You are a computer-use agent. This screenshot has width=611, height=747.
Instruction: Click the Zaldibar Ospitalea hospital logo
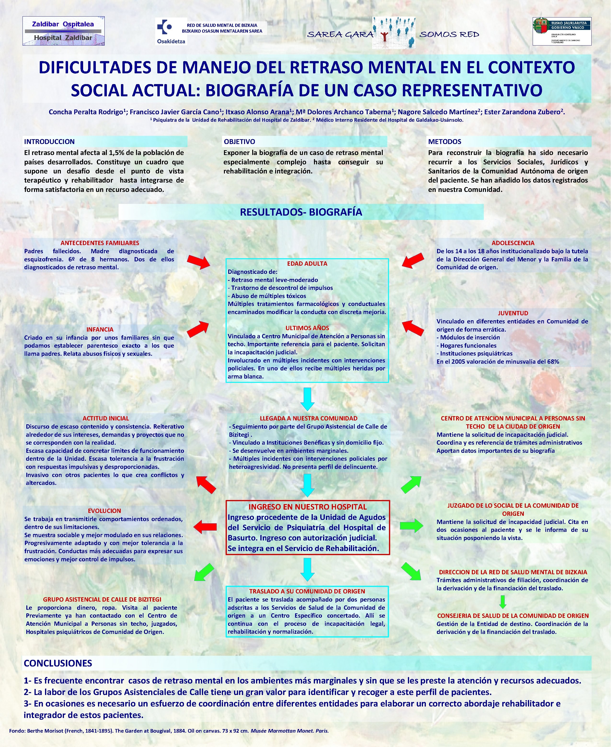[x=63, y=31]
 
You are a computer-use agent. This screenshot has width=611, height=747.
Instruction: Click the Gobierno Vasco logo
[x=562, y=31]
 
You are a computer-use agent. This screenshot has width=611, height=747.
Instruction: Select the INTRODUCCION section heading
[x=49, y=142]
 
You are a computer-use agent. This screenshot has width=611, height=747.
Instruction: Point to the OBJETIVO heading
[x=239, y=142]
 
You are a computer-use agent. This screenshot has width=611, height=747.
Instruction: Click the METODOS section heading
[x=445, y=142]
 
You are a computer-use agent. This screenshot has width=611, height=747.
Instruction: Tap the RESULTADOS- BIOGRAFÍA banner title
[x=301, y=212]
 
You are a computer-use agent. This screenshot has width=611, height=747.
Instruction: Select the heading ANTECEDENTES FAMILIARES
[x=100, y=243]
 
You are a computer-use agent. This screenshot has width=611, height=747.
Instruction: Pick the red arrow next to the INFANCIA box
[x=198, y=329]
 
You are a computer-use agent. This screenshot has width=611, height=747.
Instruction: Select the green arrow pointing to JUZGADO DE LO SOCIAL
[x=411, y=526]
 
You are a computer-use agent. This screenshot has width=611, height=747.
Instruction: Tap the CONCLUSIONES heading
[x=58, y=663]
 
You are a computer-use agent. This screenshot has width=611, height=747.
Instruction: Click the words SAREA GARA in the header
[x=340, y=34]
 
